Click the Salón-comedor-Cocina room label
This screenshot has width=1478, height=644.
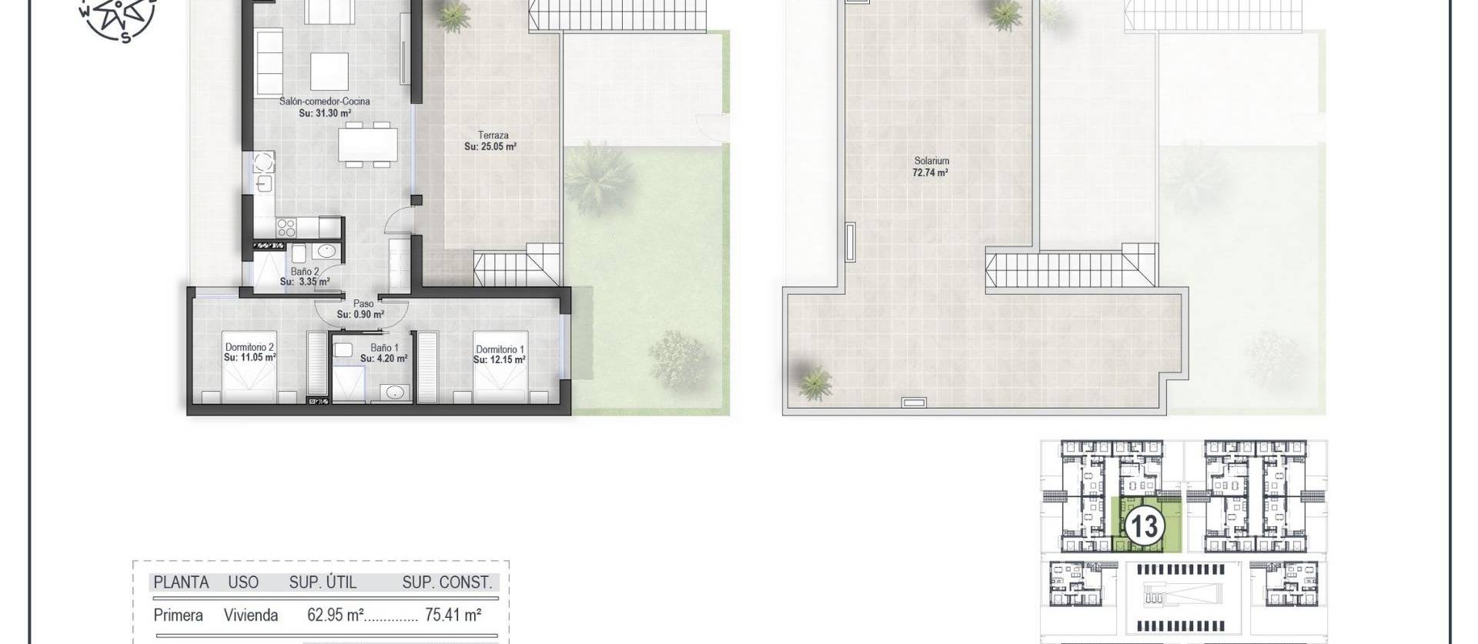(x=325, y=102)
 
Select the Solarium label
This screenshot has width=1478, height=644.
(x=931, y=161)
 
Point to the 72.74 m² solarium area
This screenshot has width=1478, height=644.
(x=931, y=173)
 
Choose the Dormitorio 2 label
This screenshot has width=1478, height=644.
(x=249, y=348)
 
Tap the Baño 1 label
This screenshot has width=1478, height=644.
(x=384, y=348)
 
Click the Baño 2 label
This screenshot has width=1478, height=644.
(x=305, y=272)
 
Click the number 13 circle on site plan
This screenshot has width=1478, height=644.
(x=1143, y=527)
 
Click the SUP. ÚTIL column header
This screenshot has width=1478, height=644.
(x=323, y=583)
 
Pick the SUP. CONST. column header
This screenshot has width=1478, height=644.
(x=446, y=583)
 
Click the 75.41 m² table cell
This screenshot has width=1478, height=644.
(x=453, y=616)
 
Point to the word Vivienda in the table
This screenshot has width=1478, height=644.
(x=251, y=616)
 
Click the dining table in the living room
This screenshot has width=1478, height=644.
(x=368, y=145)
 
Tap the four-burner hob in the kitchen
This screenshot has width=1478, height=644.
(x=286, y=227)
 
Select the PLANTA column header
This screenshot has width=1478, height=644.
(x=181, y=583)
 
